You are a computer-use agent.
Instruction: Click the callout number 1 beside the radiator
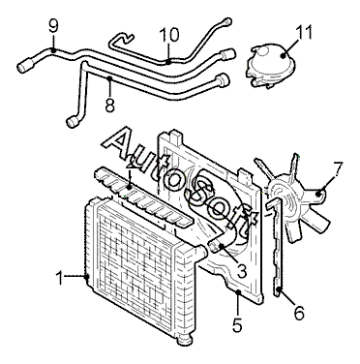pos(60,278)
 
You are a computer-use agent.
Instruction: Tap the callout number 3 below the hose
pos(242,270)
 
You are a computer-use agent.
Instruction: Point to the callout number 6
pos(299,313)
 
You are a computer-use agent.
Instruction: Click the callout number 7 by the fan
pos(338,167)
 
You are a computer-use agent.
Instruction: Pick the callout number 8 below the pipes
pos(110,105)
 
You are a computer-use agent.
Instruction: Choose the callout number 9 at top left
pos(53,27)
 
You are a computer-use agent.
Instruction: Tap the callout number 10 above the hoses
pos(169,35)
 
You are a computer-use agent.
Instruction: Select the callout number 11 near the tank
pos(304,32)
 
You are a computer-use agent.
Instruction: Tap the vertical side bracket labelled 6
pos(277,248)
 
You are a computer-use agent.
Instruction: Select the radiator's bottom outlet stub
pos(184,341)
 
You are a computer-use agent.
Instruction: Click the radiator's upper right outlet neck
pos(200,253)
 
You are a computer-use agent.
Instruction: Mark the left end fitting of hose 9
pos(24,66)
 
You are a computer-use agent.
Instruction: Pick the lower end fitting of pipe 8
pos(73,122)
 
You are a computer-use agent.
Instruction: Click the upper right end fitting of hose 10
pos(227,21)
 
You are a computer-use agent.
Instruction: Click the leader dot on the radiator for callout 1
pos(86,277)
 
